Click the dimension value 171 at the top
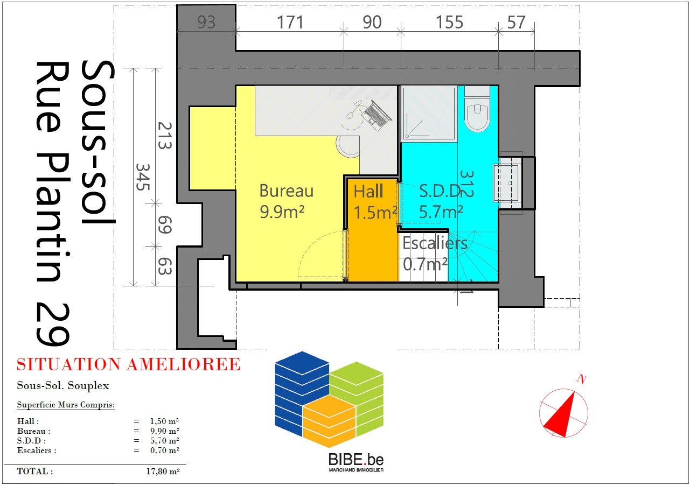point(290,23)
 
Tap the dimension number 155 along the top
point(449,23)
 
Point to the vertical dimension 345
point(143,177)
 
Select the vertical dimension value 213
point(165,136)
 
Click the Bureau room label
point(287,191)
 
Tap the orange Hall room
point(373,230)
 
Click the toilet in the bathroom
point(477,109)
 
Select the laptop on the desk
point(377,115)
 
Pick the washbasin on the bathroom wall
point(507,183)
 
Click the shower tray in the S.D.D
point(429,114)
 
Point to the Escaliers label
point(435,243)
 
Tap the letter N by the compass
point(582,379)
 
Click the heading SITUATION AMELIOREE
point(128,364)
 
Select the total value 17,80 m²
point(163,471)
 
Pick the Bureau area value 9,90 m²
point(164,431)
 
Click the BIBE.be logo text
point(356,460)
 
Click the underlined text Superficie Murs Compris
point(66,405)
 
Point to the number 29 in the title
point(53,324)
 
